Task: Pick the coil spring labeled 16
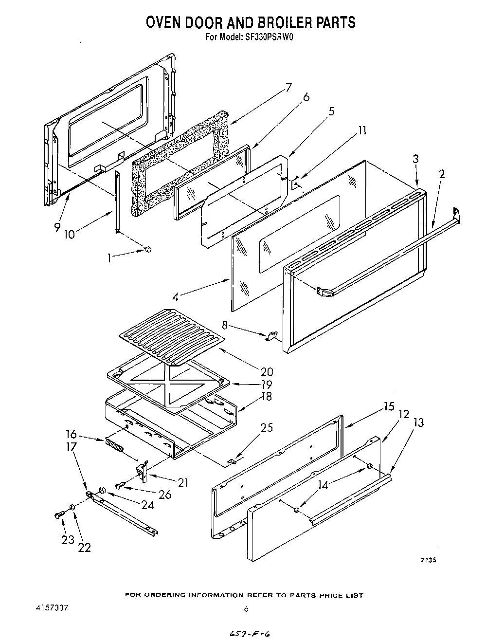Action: pos(115,446)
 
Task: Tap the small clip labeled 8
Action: pos(273,335)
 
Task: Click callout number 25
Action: pos(266,428)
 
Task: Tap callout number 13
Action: pos(418,422)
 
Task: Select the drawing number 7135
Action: pos(428,560)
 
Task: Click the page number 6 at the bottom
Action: pos(246,608)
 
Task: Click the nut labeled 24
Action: pos(103,490)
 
